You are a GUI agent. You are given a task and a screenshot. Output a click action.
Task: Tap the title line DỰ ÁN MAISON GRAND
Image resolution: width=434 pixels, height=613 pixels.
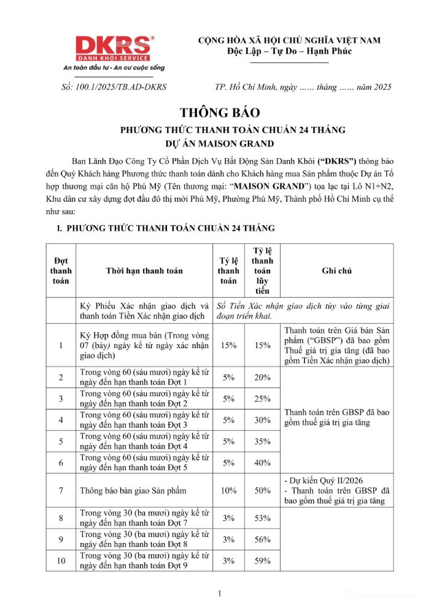coord(220,145)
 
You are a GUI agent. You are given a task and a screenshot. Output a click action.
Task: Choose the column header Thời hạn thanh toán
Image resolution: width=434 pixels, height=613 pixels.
coord(144,270)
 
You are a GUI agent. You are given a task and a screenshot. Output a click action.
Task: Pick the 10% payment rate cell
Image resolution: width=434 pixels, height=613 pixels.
coord(229,490)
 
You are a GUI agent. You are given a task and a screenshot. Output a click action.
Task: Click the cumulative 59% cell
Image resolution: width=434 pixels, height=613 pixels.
coord(263,560)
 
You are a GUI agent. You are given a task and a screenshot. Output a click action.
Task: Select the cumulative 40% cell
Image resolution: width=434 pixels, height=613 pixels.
coord(263,462)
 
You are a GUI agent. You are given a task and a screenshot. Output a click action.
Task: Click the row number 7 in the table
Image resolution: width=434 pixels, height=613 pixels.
coord(61,490)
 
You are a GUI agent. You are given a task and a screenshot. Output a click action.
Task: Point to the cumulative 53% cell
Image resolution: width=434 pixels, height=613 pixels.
coord(263,518)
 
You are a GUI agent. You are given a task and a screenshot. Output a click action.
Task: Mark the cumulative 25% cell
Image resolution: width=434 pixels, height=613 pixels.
coord(263,399)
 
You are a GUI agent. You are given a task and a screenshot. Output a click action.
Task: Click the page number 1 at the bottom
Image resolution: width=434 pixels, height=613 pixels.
coord(220,593)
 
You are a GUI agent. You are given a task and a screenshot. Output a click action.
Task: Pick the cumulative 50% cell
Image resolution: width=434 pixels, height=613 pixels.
coord(263,490)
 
